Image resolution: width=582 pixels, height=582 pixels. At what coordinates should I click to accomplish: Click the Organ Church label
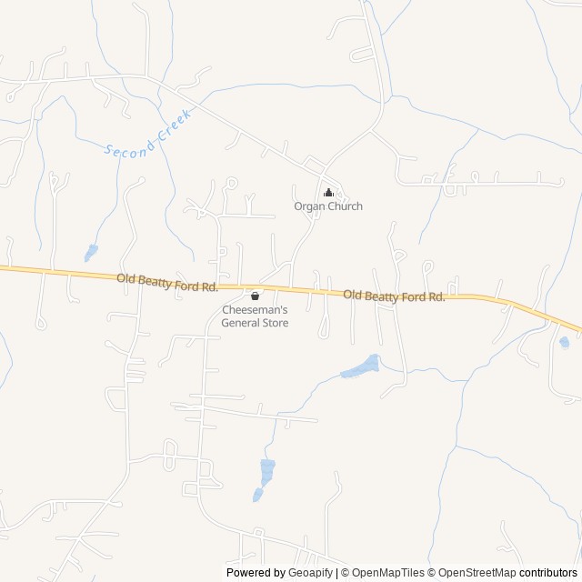tap(327, 206)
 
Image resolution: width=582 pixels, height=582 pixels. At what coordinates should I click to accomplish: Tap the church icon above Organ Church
tap(328, 193)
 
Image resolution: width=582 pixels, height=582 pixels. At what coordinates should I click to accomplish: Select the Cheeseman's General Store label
tap(255, 316)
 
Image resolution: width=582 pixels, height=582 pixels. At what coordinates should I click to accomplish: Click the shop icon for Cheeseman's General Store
tap(255, 296)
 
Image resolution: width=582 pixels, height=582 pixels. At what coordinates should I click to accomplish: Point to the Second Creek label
tap(145, 135)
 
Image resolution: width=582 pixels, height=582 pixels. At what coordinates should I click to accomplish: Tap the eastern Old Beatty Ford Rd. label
tap(394, 296)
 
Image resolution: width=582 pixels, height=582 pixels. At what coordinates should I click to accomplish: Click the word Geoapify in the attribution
tap(309, 573)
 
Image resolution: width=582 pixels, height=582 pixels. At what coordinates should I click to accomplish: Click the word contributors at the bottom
tap(548, 573)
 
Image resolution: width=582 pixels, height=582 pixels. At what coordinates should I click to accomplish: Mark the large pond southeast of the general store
tap(360, 366)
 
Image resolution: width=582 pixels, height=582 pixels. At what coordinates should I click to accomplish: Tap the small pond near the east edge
tap(565, 343)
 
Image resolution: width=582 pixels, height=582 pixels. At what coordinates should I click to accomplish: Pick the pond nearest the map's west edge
tap(91, 252)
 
